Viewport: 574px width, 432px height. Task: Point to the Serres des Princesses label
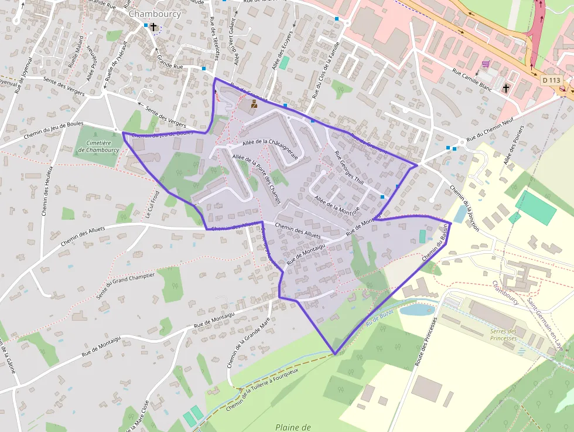pos(504,335)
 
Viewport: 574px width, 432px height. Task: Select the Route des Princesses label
pos(426,343)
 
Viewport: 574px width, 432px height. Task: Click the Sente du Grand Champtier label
pos(127,284)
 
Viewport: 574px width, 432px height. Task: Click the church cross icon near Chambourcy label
pos(153,26)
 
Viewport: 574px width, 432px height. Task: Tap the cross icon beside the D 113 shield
pos(506,88)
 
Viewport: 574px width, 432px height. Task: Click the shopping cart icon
pos(485,64)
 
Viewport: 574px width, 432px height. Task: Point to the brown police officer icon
pos(254,104)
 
